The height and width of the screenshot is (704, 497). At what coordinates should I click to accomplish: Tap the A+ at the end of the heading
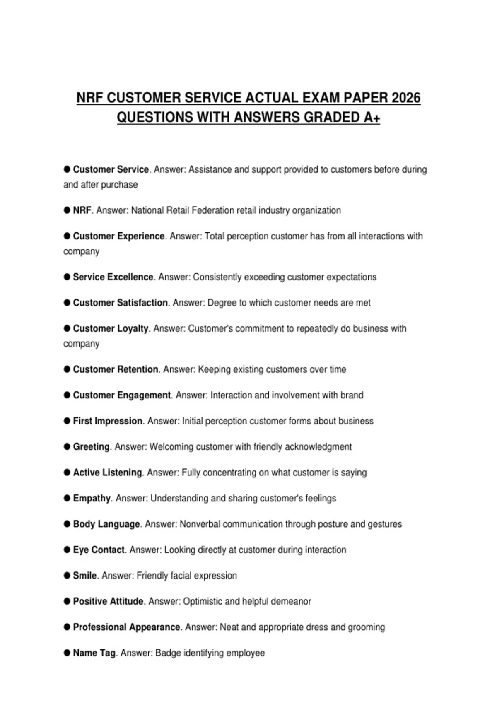372,117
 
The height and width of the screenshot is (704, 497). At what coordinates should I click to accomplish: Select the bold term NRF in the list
82,210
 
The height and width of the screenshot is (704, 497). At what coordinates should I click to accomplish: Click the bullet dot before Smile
67,575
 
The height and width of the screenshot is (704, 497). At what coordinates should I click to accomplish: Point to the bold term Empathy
92,498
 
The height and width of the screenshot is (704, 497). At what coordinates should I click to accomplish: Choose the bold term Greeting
91,447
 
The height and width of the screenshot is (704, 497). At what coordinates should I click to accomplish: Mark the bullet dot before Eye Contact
67,550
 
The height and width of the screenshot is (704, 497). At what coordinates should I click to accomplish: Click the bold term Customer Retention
116,369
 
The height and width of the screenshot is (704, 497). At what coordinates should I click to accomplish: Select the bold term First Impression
108,421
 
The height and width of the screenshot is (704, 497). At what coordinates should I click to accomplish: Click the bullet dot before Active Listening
67,473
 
